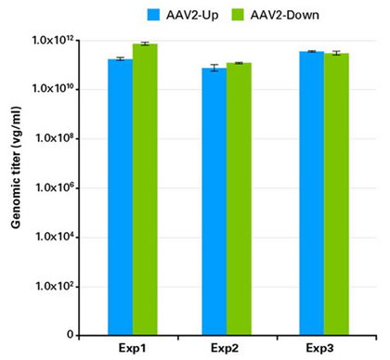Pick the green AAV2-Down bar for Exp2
pyautogui.click(x=240, y=199)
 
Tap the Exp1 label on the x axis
pyautogui.click(x=132, y=348)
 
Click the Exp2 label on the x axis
pyautogui.click(x=227, y=348)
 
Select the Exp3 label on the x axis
pyautogui.click(x=324, y=348)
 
